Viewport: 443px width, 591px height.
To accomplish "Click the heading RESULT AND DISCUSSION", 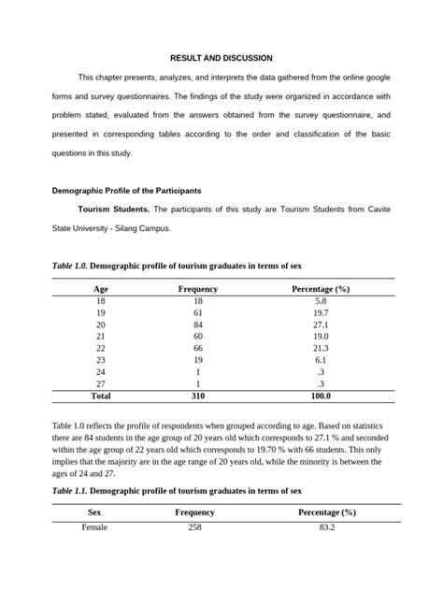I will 221,58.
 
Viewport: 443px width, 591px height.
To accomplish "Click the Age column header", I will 101,289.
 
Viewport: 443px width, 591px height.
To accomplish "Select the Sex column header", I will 96,512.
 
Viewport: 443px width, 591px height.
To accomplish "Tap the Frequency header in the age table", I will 198,289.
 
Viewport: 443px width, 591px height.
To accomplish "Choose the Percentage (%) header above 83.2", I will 327,512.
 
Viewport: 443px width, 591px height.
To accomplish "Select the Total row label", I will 100,396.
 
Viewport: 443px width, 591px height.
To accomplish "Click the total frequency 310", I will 198,396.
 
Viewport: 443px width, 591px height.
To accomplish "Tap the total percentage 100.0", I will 321,396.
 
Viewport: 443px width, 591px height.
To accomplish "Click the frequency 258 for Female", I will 195,528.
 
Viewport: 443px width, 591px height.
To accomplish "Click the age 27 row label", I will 101,383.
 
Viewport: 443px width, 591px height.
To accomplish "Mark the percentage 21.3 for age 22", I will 321,348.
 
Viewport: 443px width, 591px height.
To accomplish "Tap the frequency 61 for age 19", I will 198,312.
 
